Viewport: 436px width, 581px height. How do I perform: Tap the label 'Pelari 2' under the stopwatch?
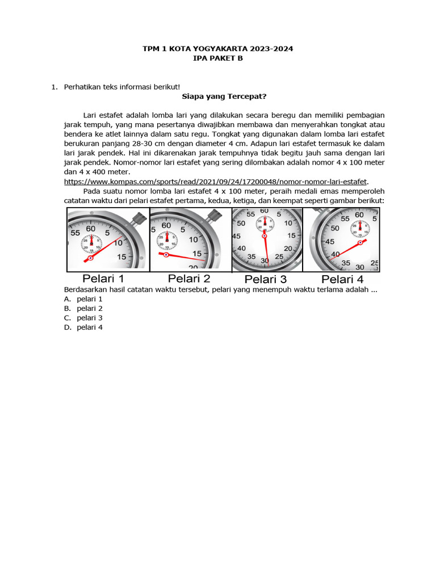(188, 279)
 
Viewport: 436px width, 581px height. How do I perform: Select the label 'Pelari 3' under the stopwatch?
(265, 279)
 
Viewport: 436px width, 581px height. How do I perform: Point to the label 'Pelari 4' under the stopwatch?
(342, 279)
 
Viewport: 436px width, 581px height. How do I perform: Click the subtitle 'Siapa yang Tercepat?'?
(220, 96)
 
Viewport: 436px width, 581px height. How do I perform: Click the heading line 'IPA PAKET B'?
(218, 58)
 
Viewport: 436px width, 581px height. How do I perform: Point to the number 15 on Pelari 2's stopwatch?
(196, 253)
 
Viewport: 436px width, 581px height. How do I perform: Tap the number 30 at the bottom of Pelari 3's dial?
(265, 261)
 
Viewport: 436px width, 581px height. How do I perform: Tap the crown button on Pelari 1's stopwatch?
(137, 218)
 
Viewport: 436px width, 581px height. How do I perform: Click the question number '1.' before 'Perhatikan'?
(54, 87)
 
